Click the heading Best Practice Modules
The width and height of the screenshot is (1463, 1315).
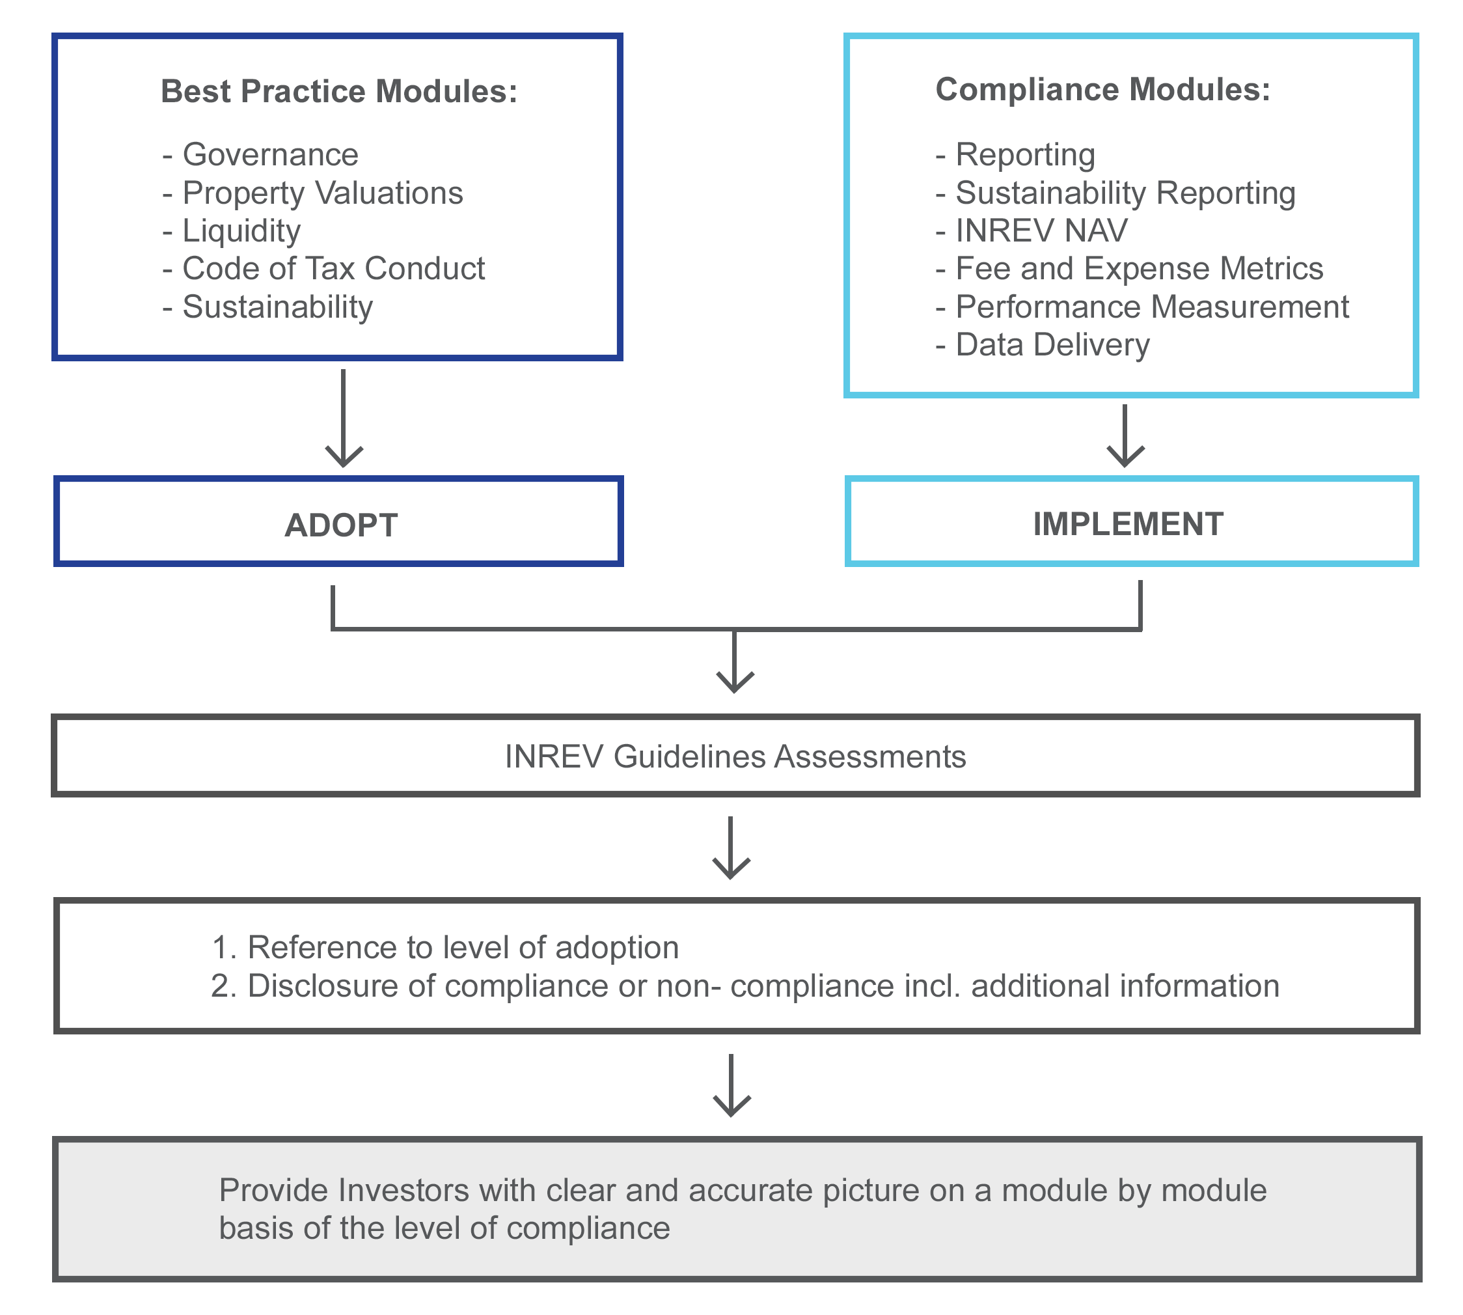(339, 92)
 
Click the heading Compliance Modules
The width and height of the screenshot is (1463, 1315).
(1102, 90)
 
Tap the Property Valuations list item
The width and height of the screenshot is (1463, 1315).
(321, 193)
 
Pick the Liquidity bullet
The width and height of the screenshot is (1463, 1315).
(241, 230)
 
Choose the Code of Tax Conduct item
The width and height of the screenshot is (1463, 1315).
(333, 269)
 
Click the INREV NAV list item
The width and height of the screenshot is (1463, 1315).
(1041, 230)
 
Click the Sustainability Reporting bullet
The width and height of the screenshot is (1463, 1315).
(1124, 193)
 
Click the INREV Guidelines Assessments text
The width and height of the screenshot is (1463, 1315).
(735, 757)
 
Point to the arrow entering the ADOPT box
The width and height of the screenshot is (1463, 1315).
(344, 419)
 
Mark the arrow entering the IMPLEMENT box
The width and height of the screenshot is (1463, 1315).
(1125, 437)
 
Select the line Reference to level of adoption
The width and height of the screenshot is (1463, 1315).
(462, 948)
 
